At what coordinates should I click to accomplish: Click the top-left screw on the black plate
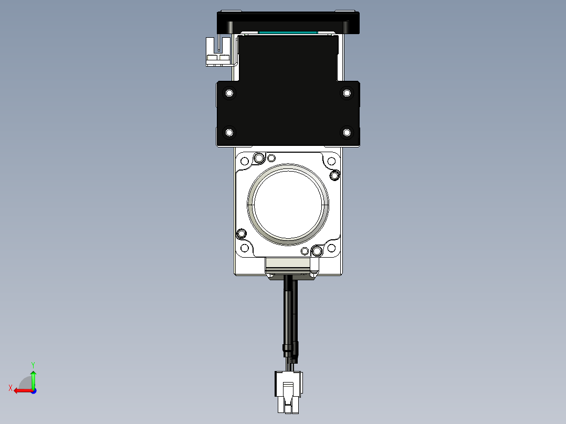229,93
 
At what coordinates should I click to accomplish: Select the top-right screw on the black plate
347,93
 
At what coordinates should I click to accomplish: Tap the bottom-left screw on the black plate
229,132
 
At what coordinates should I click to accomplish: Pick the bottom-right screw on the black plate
347,132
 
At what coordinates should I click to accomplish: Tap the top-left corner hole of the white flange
244,161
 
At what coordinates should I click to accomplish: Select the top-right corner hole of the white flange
331,161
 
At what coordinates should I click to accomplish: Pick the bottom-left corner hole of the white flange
244,248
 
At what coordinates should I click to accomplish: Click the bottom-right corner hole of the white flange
331,248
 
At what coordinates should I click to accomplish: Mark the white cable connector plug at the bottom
288,391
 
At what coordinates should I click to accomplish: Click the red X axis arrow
21,390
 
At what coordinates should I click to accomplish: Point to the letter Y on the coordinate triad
33,364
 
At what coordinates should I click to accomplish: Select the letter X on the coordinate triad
10,388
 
